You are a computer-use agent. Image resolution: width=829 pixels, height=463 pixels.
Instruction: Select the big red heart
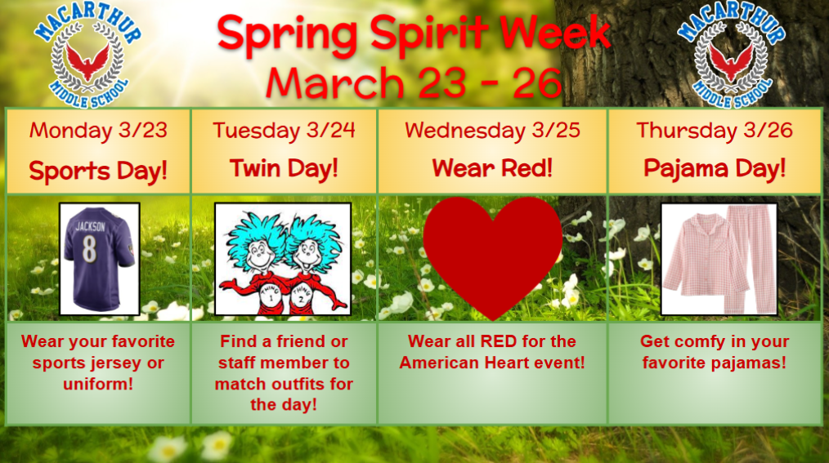(492, 253)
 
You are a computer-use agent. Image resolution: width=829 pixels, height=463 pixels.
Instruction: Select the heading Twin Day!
(284, 169)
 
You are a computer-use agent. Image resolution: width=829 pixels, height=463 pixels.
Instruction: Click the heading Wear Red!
(492, 169)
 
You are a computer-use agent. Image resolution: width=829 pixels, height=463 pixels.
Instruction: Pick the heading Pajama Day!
(715, 169)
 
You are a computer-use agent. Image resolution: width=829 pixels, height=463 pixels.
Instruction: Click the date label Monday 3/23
(98, 131)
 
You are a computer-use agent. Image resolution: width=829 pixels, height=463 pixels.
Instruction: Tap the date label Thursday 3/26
(715, 131)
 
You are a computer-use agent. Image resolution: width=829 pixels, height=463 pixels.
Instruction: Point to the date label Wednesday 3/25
(492, 131)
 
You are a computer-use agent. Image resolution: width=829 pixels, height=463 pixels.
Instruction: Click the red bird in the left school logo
(87, 59)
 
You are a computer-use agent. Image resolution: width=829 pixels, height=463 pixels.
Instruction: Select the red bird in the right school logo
(731, 59)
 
